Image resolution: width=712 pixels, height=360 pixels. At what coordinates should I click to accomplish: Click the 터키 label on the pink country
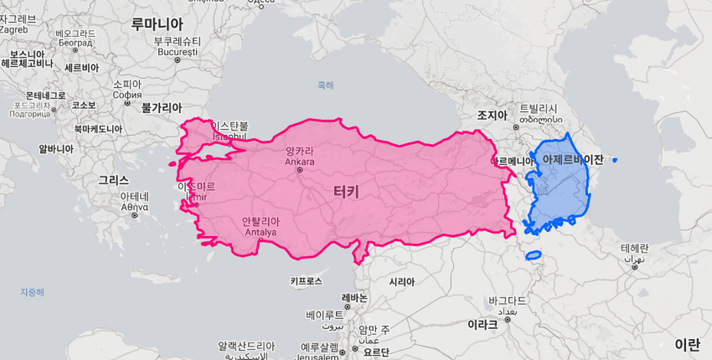(346, 192)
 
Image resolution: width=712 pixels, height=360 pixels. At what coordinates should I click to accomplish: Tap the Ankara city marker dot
(300, 171)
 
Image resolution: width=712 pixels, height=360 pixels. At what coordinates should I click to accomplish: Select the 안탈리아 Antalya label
(261, 222)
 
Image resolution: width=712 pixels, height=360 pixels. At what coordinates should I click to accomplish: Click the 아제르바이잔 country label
(573, 158)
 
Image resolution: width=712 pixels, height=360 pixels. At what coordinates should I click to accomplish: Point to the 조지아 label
(493, 115)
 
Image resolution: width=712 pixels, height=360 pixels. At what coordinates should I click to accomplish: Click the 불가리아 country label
(162, 108)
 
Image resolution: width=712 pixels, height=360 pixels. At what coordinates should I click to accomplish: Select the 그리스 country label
(113, 180)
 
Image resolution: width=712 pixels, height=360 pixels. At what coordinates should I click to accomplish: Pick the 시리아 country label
(402, 282)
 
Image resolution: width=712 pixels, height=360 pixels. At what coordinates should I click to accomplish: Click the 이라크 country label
(482, 323)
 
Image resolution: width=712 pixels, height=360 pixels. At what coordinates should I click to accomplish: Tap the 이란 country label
(687, 344)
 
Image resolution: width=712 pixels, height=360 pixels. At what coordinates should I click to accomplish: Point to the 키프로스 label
(306, 282)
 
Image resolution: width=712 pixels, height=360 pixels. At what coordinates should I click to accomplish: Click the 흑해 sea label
(325, 85)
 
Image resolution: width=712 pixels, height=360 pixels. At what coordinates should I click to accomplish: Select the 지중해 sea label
(33, 292)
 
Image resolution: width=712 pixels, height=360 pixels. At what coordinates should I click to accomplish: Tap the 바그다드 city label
(507, 300)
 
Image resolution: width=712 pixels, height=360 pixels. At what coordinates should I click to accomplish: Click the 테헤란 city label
(635, 249)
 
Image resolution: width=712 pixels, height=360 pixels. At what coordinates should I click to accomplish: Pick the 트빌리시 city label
(538, 109)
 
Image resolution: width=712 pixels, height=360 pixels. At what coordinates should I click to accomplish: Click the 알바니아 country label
(56, 149)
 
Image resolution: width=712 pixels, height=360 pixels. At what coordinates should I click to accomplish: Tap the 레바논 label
(355, 298)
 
